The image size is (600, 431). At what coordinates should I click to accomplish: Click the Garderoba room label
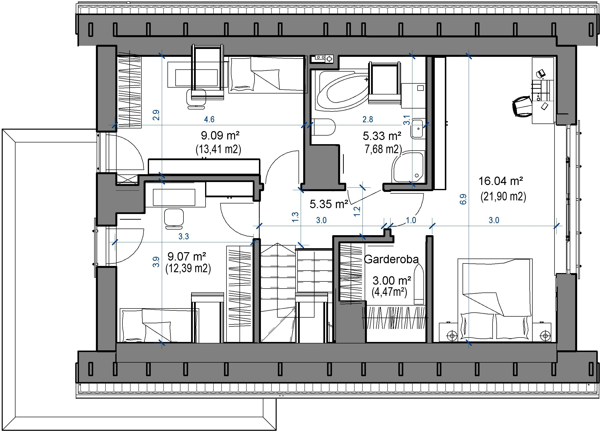391,259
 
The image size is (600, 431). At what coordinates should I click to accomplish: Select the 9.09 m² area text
220,136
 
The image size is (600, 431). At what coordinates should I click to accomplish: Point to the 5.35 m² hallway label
329,204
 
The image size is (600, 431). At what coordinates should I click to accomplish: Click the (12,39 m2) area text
188,269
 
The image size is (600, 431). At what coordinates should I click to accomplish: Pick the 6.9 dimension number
463,199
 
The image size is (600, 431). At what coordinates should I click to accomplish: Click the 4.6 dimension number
209,119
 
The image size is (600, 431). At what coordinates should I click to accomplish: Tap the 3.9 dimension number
156,262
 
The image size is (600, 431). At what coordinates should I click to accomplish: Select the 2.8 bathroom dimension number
368,119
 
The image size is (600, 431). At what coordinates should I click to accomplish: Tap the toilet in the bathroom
323,127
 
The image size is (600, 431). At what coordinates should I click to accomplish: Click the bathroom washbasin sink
418,129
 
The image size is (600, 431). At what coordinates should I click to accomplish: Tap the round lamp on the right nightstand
545,336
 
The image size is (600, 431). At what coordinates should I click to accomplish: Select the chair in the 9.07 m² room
174,219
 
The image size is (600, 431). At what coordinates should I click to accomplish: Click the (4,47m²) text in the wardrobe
390,292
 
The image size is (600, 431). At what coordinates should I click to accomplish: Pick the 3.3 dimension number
184,236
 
